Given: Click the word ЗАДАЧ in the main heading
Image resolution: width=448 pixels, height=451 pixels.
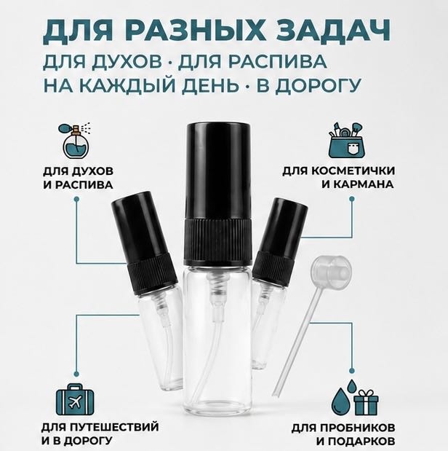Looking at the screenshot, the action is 330,31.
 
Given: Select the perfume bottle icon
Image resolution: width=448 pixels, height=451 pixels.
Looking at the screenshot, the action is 76,141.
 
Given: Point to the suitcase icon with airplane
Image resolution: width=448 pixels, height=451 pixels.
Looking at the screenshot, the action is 75,399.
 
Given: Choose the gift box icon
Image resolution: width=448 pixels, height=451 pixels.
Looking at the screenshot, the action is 366,402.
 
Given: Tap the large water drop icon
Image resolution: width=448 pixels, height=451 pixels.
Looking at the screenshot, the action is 342,401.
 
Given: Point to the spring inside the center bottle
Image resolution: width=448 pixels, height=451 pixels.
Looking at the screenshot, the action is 217,286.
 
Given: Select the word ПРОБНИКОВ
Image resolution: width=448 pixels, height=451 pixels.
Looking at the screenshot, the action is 356,428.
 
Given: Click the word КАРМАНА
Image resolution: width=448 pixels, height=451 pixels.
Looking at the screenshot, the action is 362,184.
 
